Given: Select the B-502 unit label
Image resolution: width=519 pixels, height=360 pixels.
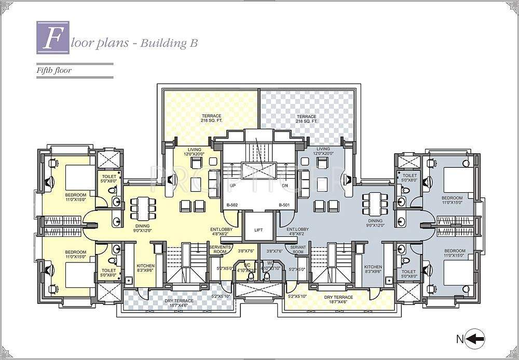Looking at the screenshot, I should tap(232, 206).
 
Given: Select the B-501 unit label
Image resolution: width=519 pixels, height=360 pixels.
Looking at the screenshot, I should tap(283, 206).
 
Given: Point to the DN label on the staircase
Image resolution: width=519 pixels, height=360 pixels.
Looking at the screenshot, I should tap(284, 185).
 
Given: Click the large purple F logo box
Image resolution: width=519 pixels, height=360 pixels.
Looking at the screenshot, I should tap(51, 36).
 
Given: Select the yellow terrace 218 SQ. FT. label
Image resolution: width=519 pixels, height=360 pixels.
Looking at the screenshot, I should tap(211, 118).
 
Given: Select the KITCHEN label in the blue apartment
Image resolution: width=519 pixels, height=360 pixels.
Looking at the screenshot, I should tap(373, 268).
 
